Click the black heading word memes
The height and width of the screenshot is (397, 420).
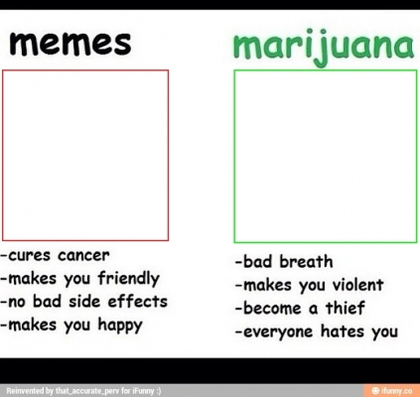tap(70, 44)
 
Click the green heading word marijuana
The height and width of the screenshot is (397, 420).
tap(324, 47)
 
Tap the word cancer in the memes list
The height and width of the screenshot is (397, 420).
tap(83, 255)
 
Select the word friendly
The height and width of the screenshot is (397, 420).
tap(129, 278)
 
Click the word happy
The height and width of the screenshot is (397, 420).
tap(120, 326)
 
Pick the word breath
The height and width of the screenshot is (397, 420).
tap(306, 261)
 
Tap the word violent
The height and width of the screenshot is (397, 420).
tap(357, 285)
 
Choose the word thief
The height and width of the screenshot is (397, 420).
tap(346, 308)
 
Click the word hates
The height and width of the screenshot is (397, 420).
tap(343, 331)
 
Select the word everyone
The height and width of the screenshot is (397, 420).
tap(278, 331)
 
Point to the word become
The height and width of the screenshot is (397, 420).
tap(272, 308)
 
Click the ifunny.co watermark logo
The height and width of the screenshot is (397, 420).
tap(392, 391)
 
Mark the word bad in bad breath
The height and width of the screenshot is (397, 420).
tap(257, 261)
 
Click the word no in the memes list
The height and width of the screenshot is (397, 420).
tap(17, 302)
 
